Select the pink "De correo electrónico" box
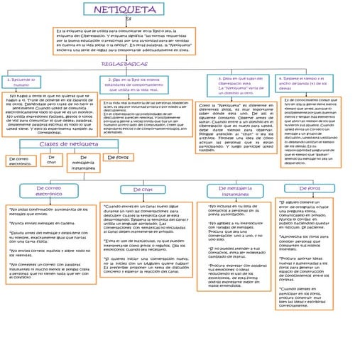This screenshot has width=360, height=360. (x=49, y=191)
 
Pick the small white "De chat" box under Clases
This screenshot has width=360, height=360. (x=51, y=160)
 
